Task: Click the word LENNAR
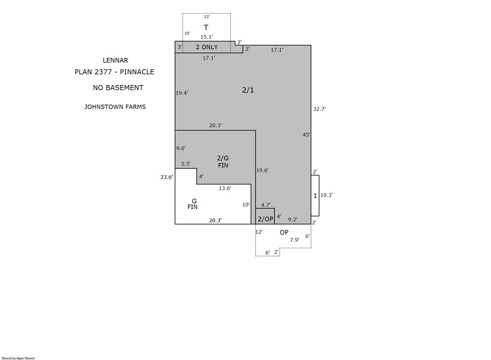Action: pos(116,60)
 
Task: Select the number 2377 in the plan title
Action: pos(103,72)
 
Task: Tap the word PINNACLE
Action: pos(137,72)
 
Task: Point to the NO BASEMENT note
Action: pos(118,88)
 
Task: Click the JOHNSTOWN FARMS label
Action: pos(115,107)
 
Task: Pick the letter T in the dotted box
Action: pos(206,27)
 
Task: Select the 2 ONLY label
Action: pos(207,47)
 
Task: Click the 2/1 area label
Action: pos(248,90)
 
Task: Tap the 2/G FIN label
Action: pos(223,162)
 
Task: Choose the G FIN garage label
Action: pos(193,204)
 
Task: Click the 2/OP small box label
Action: pos(265,219)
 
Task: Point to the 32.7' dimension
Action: pos(319,109)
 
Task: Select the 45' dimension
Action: pos(306,135)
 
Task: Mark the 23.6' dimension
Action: pos(167,177)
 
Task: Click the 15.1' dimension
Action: pos(207,37)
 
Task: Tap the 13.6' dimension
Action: pos(225,188)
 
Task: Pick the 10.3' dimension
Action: pos(327,195)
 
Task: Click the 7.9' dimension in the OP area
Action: pos(295,240)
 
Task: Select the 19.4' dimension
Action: pos(182,93)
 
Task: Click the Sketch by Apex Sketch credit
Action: pos(18,358)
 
